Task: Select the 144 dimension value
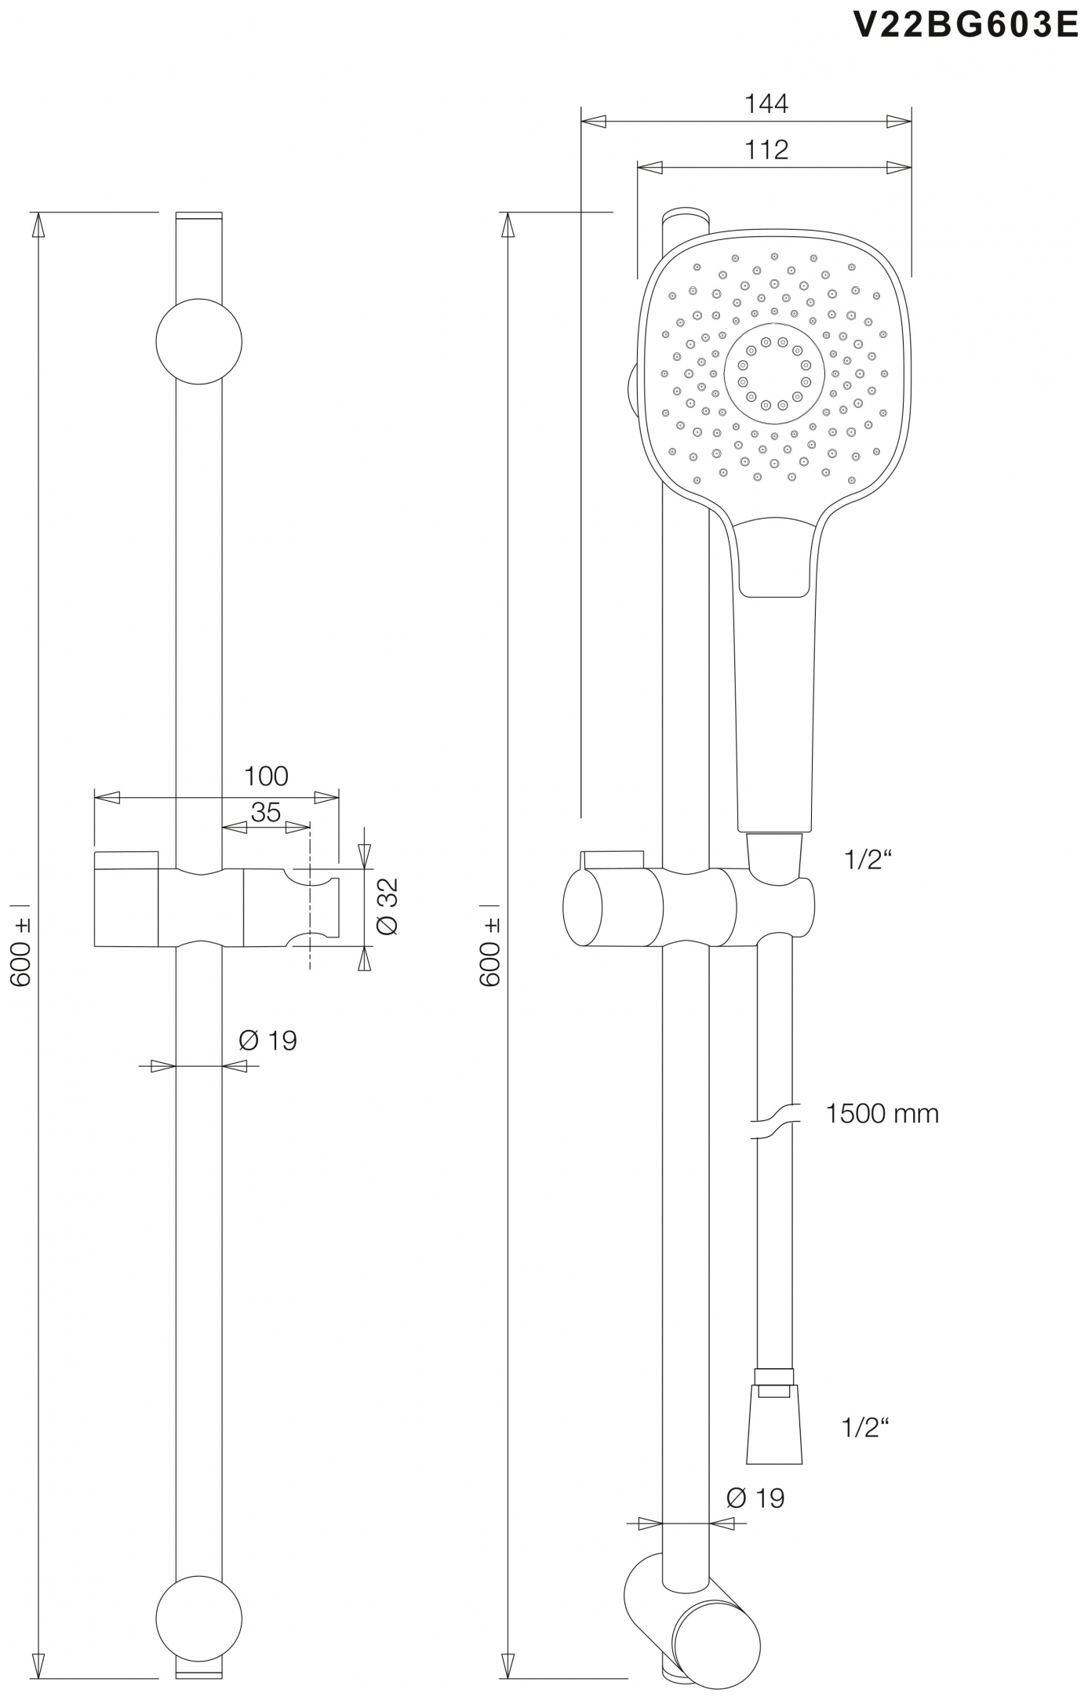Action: click(766, 104)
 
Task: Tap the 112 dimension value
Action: click(766, 149)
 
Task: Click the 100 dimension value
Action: click(266, 776)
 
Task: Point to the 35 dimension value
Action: click(266, 812)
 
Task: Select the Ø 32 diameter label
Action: click(388, 906)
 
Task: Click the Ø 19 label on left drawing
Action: click(267, 1041)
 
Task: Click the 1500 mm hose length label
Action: click(882, 1113)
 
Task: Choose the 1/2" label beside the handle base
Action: click(868, 861)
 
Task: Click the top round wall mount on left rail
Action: click(198, 341)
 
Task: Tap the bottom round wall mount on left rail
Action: click(198, 1618)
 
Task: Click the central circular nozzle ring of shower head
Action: click(773, 373)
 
